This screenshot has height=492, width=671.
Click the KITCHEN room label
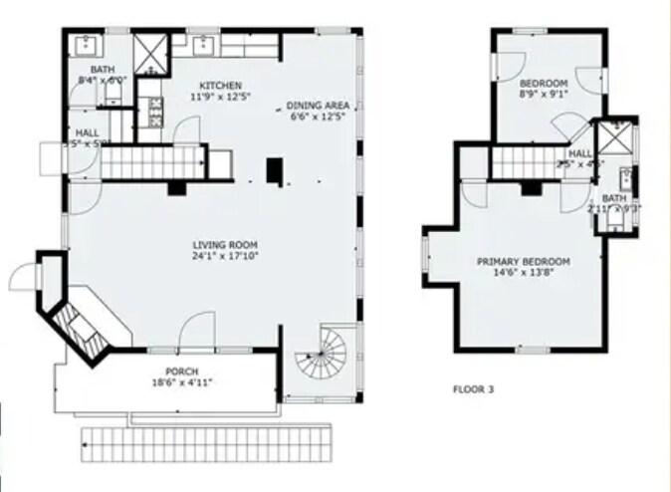[220, 86]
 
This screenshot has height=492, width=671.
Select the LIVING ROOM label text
[225, 245]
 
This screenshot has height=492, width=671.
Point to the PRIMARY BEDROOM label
[523, 262]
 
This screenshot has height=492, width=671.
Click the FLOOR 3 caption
[473, 389]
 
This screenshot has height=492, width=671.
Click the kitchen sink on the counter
[204, 44]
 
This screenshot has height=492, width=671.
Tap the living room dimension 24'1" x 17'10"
[225, 257]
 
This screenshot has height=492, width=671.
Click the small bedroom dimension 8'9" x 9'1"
[544, 96]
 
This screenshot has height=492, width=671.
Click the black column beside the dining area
[275, 171]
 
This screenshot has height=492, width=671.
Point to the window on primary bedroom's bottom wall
[533, 350]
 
